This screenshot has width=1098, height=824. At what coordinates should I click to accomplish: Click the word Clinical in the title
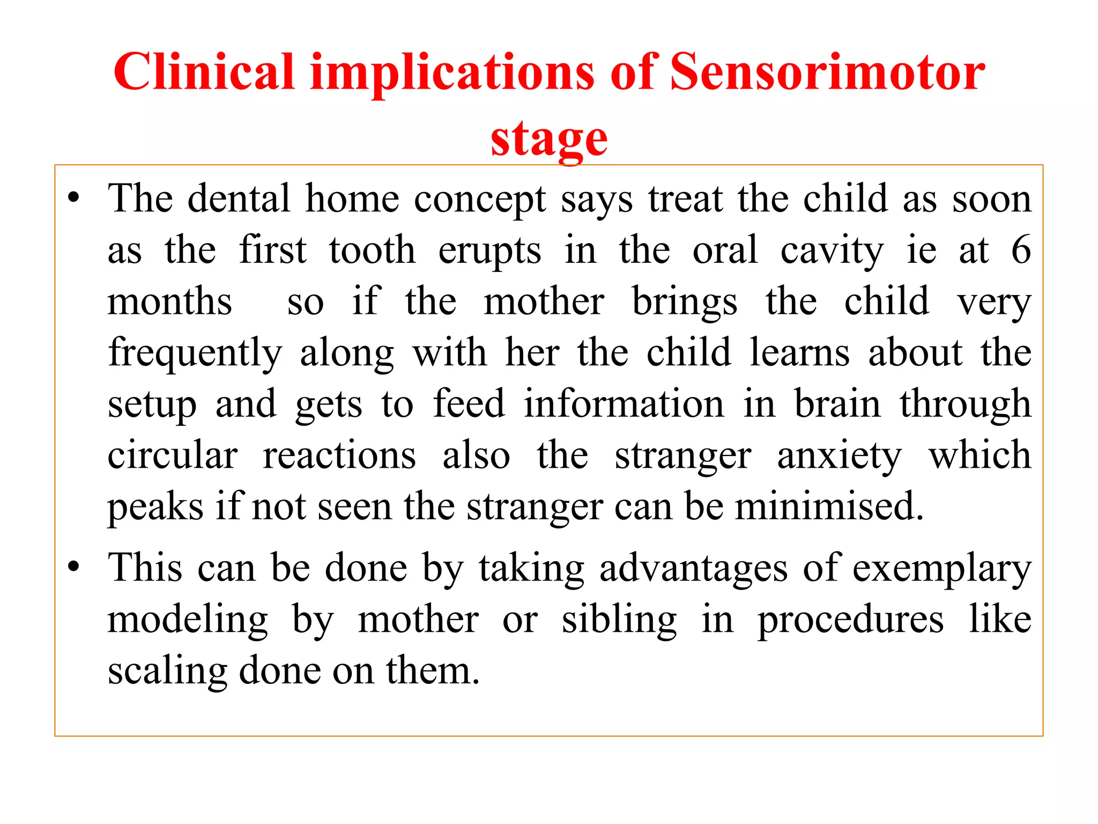coord(204,72)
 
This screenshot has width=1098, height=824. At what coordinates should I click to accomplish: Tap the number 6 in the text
coord(1020,250)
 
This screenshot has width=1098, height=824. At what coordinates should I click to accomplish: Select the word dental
coord(239,198)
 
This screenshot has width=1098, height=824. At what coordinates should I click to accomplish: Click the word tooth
coord(372,250)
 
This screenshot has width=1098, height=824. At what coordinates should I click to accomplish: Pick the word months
coord(169,301)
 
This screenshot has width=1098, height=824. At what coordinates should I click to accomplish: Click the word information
coord(624,404)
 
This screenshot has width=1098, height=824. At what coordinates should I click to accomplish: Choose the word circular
coord(172,455)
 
